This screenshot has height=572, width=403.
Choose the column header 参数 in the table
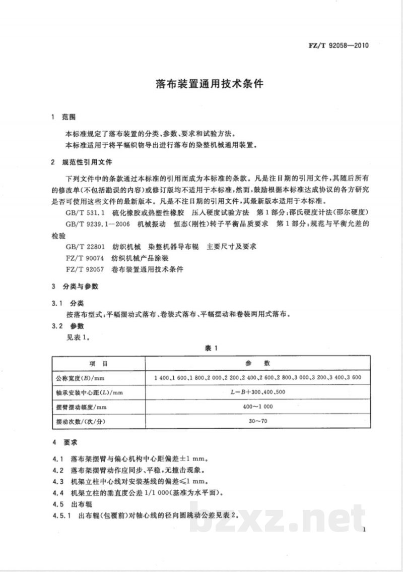tap(258, 363)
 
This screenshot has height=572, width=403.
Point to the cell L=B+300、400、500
tap(257, 392)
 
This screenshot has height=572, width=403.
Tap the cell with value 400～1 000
tap(257, 406)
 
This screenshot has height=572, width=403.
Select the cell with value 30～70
tap(257, 420)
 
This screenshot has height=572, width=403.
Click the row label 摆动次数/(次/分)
tap(82, 420)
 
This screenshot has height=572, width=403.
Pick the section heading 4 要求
tap(64, 442)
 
